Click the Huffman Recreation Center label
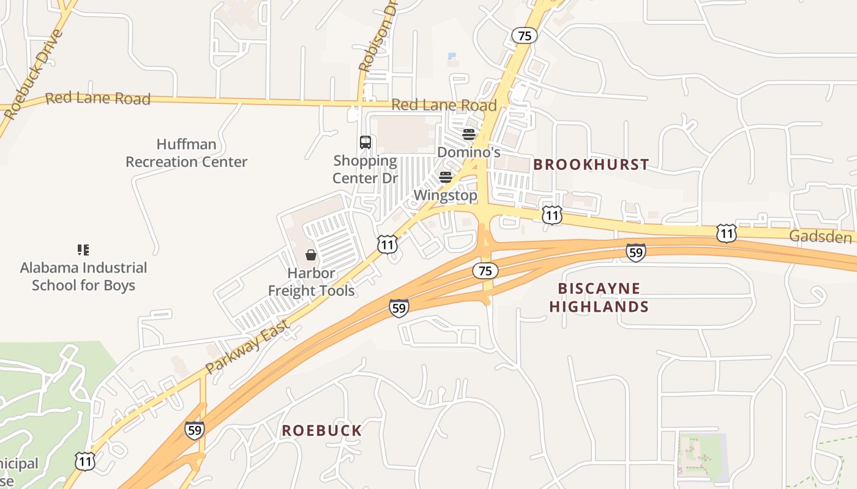coord(186,153)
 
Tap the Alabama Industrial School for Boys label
coord(83,276)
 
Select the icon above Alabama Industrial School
coord(83,249)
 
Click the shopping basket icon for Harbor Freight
coord(311,254)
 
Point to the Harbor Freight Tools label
coord(311,282)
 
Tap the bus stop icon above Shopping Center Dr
coord(365,142)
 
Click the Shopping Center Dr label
coord(365,169)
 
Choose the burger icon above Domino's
coord(469,134)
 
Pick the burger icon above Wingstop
coord(446,177)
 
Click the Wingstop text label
coord(445,196)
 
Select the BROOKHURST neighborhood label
coord(591,164)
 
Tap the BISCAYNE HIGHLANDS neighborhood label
coord(599,297)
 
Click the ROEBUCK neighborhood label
coord(322,430)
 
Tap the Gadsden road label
coord(820,237)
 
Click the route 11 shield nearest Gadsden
coord(726,233)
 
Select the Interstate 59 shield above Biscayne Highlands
coord(635,252)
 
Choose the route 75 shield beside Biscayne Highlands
coord(485,271)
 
